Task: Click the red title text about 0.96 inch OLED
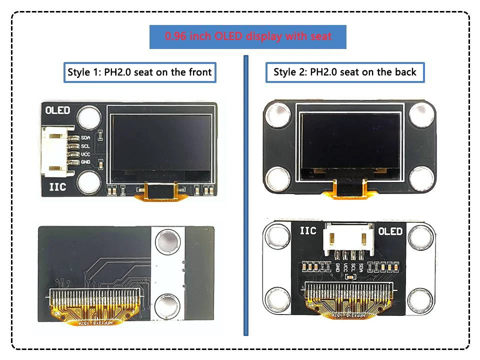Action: (x=248, y=36)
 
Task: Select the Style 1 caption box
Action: (x=139, y=72)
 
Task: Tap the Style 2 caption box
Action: (x=344, y=72)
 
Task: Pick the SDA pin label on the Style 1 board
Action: (x=85, y=138)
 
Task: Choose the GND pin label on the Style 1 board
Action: (x=85, y=162)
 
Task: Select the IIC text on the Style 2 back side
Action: (x=307, y=231)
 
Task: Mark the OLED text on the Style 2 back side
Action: (x=390, y=231)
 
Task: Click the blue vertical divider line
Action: (x=245, y=195)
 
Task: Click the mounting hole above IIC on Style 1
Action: (x=89, y=180)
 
